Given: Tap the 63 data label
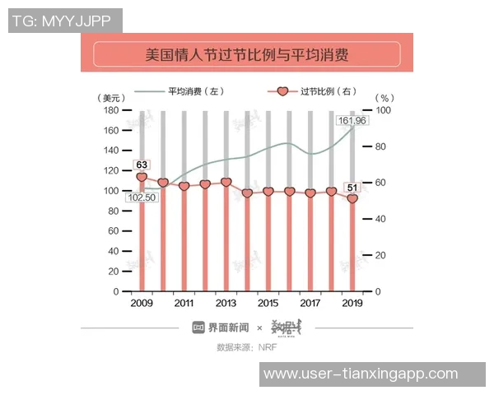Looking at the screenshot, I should tap(142, 165).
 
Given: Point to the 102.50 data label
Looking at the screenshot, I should tap(142, 197).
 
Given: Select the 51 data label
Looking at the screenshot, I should tap(352, 187).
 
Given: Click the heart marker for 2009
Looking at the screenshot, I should tap(142, 178).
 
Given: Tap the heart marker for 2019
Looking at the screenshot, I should tap(352, 198).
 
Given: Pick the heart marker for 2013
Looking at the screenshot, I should tap(226, 183).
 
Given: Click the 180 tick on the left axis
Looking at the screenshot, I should tap(111, 109).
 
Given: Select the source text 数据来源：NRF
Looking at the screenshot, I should tap(246, 347).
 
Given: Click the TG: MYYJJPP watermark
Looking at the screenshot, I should tap(61, 21).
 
